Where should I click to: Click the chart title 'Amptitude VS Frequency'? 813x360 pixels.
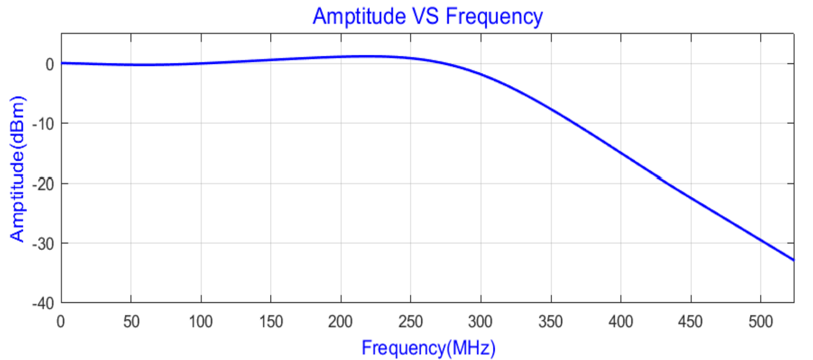coord(427,16)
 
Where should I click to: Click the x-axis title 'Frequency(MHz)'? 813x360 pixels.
coord(428,348)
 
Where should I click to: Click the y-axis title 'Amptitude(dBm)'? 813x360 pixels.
coord(17,169)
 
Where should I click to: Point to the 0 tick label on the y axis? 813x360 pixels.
coord(50,64)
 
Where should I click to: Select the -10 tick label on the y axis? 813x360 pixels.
coord(43,124)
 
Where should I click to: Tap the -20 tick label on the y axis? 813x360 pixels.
coord(43,184)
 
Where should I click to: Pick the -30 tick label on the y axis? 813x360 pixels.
coord(43,244)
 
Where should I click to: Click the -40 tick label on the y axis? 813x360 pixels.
coord(43,303)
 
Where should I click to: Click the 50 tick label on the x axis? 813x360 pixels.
coord(131,322)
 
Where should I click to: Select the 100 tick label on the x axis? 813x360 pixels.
coord(201,322)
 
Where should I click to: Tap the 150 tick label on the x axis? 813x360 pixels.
coord(271,322)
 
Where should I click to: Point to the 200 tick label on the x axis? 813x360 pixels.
coord(341,322)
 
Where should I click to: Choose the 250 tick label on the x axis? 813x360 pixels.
coord(411,322)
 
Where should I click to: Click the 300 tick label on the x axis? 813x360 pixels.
coord(480,322)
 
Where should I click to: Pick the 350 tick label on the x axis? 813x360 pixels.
coord(551,322)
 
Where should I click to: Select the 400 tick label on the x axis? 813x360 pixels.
coord(621,322)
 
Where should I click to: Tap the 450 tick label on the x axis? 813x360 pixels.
coord(690,322)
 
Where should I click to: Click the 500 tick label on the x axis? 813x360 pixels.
coord(761,322)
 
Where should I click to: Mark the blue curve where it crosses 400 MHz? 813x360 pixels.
coord(621,153)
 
